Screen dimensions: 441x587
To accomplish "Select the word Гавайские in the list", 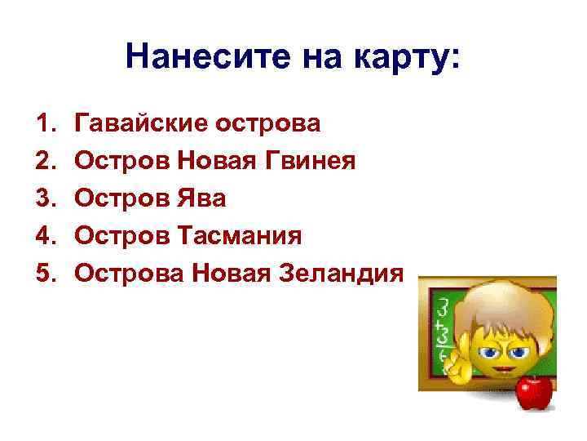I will [138, 124].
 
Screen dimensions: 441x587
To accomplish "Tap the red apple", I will [535, 392].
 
